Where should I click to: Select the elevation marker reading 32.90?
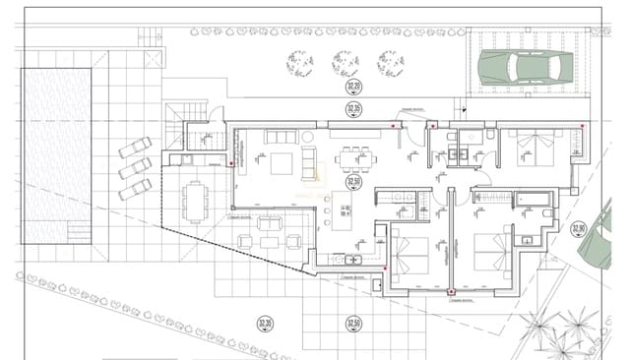577,229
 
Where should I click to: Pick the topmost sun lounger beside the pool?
135,149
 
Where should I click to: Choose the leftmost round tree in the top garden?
299,63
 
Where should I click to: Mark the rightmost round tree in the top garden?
391,63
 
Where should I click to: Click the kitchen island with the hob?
345,217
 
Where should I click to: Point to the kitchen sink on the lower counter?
354,260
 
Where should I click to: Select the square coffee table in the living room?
283,162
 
